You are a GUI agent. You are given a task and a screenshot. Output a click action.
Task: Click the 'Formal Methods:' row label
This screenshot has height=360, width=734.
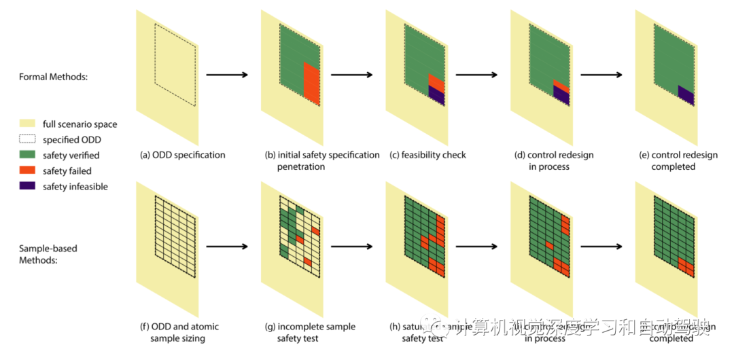click(53, 77)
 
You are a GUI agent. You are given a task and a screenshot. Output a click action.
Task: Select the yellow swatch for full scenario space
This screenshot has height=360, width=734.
click(28, 124)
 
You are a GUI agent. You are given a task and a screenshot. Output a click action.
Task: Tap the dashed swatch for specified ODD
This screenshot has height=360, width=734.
click(28, 140)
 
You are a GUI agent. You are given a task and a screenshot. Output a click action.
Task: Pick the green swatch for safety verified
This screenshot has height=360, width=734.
click(28, 156)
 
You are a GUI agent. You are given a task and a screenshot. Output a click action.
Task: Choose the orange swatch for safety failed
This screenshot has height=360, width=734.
click(28, 171)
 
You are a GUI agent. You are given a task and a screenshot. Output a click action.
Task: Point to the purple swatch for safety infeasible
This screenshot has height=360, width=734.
click(28, 187)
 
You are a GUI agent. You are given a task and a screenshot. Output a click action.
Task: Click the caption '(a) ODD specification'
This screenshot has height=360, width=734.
click(182, 155)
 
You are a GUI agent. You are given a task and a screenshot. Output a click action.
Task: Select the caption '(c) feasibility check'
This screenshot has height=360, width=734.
click(427, 155)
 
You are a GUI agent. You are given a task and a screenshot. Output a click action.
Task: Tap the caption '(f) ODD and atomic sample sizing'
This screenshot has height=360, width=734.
click(179, 332)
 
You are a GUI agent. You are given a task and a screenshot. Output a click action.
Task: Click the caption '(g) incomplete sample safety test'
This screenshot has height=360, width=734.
click(310, 332)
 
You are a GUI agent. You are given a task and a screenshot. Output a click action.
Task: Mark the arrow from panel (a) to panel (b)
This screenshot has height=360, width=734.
click(227, 74)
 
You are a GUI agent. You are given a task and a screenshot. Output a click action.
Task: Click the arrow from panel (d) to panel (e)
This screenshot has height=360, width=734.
click(602, 74)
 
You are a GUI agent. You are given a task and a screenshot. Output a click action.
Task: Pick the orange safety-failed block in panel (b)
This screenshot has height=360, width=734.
click(311, 85)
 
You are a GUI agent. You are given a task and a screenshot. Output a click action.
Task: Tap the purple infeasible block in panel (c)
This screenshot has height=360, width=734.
click(436, 96)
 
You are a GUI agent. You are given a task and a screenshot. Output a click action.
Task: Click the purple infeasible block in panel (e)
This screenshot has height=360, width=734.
click(686, 95)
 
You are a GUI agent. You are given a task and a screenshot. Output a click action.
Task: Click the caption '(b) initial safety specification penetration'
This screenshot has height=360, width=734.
click(322, 160)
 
